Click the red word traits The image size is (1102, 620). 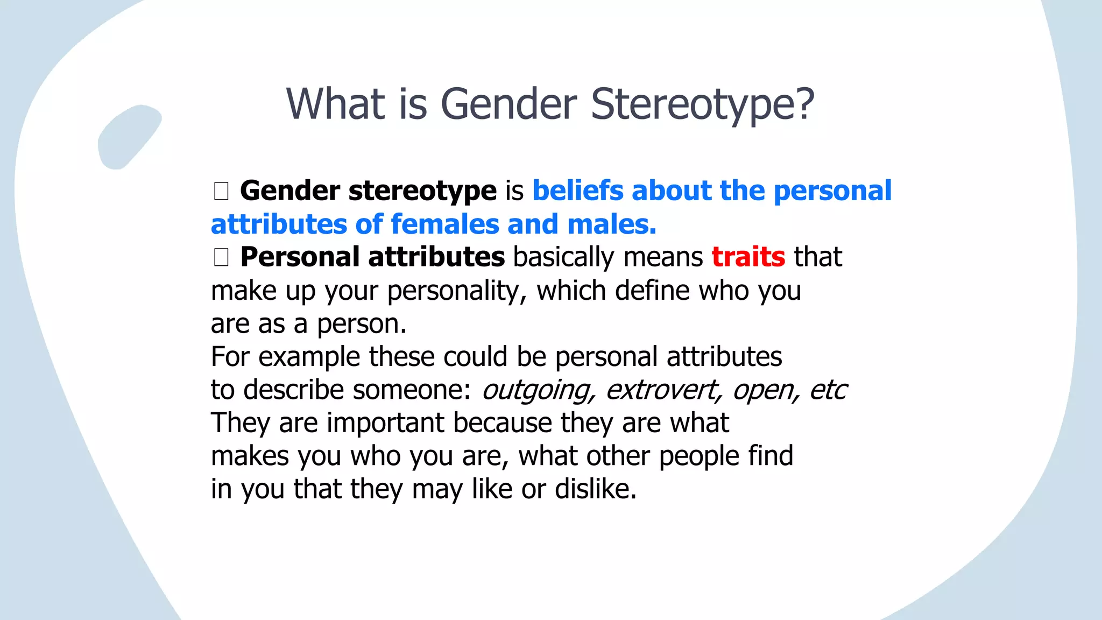(x=748, y=257)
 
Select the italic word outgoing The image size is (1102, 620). (x=539, y=390)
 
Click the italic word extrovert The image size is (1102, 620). (x=663, y=390)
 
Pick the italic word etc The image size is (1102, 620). (x=828, y=390)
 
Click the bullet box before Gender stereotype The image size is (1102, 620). (x=221, y=191)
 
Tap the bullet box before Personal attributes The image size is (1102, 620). (x=221, y=257)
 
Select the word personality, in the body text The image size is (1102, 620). (x=457, y=291)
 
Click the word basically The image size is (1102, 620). (x=563, y=257)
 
